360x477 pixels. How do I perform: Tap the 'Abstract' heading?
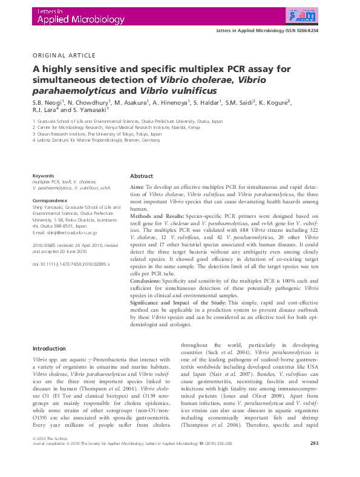point(142,176)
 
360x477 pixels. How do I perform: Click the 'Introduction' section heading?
point(49,349)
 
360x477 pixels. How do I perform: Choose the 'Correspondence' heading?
point(49,199)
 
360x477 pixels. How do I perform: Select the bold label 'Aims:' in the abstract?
point(137,188)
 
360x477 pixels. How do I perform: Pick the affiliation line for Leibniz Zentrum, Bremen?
point(96,145)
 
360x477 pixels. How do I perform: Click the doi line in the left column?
point(71,265)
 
